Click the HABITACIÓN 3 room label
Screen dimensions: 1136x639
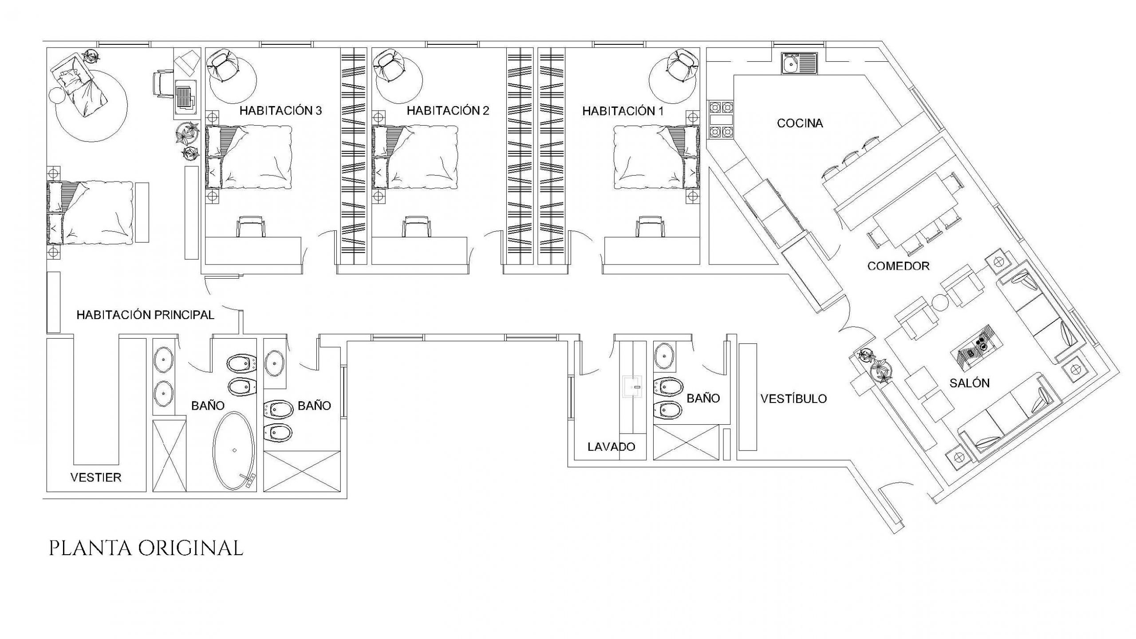click(x=280, y=110)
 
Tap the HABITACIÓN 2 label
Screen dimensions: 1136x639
click(x=448, y=110)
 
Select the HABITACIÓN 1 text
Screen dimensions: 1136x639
click(x=623, y=111)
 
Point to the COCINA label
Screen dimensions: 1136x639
click(x=800, y=123)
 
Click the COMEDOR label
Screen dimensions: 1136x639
click(x=898, y=266)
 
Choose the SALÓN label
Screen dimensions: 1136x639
click(x=970, y=383)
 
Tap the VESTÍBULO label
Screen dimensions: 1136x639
click(x=794, y=398)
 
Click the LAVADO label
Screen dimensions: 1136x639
click(x=611, y=446)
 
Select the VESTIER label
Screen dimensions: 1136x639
click(x=96, y=477)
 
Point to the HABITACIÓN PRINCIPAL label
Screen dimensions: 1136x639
click(x=146, y=315)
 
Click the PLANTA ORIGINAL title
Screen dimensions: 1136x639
click(x=146, y=548)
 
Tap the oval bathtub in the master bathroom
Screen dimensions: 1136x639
click(x=235, y=451)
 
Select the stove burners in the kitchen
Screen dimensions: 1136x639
click(x=721, y=120)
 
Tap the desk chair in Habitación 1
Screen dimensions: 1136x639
click(x=650, y=227)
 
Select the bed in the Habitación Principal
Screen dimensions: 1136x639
click(x=90, y=213)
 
